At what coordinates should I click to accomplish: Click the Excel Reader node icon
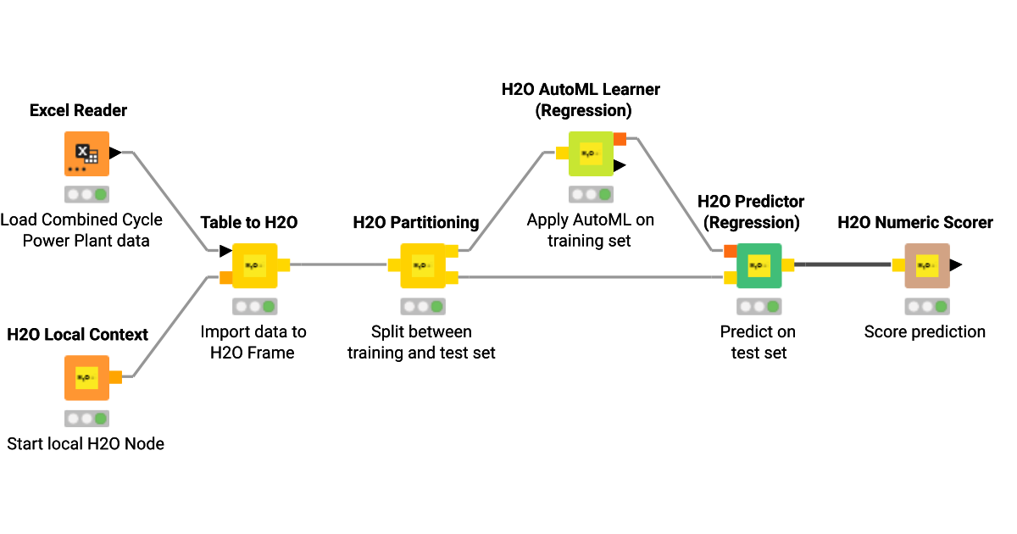click(87, 153)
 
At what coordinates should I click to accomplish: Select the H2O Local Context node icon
click(87, 377)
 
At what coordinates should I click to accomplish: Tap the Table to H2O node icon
click(254, 265)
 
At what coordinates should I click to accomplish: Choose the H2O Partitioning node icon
click(422, 265)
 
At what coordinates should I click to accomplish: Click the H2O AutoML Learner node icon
click(590, 153)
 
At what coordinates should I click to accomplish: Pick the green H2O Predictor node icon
click(759, 265)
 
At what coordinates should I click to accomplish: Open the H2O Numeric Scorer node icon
click(926, 265)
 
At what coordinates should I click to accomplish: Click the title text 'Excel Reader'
click(78, 110)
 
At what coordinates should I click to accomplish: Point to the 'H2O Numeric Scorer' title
click(915, 222)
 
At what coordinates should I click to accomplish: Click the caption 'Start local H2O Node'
click(86, 443)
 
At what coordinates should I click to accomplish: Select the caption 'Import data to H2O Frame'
click(253, 342)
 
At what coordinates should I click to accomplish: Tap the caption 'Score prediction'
click(925, 332)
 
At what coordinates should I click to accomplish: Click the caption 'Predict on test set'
click(759, 342)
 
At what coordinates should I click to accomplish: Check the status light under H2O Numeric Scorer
click(926, 306)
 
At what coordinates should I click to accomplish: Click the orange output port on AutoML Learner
click(620, 139)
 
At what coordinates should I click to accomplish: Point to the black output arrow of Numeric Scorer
click(955, 265)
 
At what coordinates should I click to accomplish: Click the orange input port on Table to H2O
click(225, 277)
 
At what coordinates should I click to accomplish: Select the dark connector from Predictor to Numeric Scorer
click(842, 265)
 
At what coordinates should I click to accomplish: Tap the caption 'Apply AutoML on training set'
click(590, 230)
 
